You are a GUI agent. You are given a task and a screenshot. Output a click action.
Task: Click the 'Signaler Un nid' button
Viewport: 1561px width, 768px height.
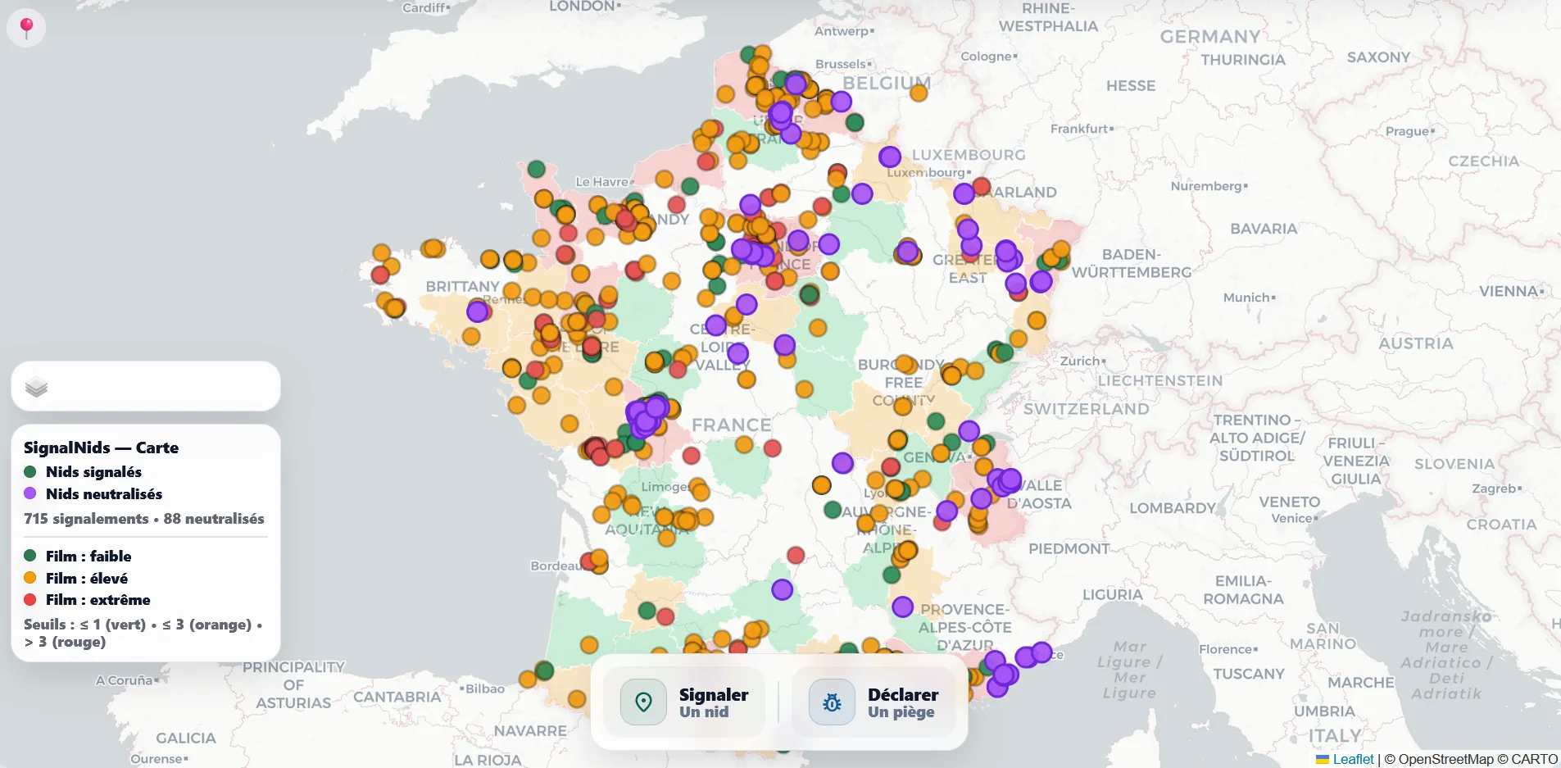click(x=684, y=702)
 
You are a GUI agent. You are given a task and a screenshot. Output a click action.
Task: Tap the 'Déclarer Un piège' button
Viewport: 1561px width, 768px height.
click(x=874, y=702)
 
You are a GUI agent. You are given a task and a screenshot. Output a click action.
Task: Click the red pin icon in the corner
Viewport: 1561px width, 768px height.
click(x=26, y=27)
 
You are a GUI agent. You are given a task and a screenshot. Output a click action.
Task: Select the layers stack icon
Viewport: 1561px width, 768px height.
click(x=36, y=387)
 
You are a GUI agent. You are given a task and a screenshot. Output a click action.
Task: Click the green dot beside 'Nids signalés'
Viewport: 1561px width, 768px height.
click(x=30, y=471)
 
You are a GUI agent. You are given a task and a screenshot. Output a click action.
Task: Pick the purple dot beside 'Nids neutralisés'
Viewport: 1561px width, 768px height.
click(x=30, y=493)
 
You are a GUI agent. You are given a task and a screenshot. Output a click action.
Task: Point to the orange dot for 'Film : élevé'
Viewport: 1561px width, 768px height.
click(x=30, y=578)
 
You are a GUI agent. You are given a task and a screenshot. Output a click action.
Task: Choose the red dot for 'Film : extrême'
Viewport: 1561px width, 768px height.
click(x=30, y=600)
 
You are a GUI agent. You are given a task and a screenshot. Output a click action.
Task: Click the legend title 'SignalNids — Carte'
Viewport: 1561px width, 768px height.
click(x=101, y=448)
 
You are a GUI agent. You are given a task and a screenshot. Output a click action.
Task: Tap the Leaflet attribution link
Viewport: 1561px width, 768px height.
click(x=1352, y=759)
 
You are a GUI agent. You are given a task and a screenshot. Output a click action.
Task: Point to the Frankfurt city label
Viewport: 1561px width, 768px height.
click(x=1079, y=129)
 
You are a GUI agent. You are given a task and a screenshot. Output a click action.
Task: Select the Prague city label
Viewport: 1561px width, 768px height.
click(x=1407, y=131)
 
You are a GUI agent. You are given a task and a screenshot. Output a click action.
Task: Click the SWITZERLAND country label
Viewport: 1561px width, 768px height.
click(x=1086, y=408)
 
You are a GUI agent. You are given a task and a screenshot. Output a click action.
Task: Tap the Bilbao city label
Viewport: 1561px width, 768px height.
click(x=484, y=688)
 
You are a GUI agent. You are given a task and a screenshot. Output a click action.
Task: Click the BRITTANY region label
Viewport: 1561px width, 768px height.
click(x=462, y=286)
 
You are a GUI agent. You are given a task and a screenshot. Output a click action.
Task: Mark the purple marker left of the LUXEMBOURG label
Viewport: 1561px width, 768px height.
click(x=890, y=156)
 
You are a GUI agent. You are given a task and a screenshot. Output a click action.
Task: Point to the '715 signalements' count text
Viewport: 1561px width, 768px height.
click(x=86, y=519)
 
